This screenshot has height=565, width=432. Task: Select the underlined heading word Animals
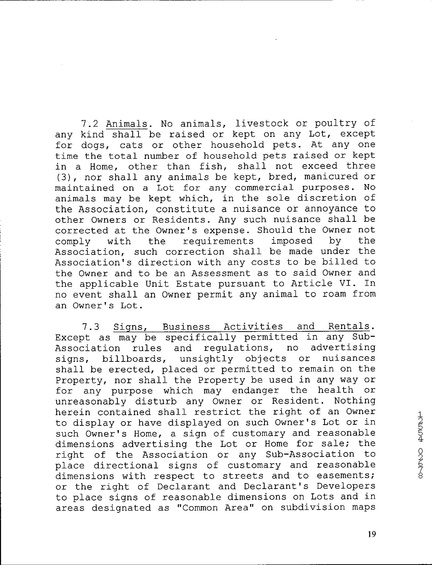[x=127, y=124]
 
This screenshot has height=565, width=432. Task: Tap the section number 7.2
[x=90, y=124]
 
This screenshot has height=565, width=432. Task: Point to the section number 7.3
[x=91, y=327]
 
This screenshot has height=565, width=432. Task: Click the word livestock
[x=262, y=124]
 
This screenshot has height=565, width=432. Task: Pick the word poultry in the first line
[x=336, y=124]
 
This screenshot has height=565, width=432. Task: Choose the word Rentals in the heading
[x=349, y=326]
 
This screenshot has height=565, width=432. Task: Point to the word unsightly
[x=207, y=359]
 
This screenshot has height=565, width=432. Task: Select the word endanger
[x=255, y=391]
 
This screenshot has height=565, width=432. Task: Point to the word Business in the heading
[x=186, y=326]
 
